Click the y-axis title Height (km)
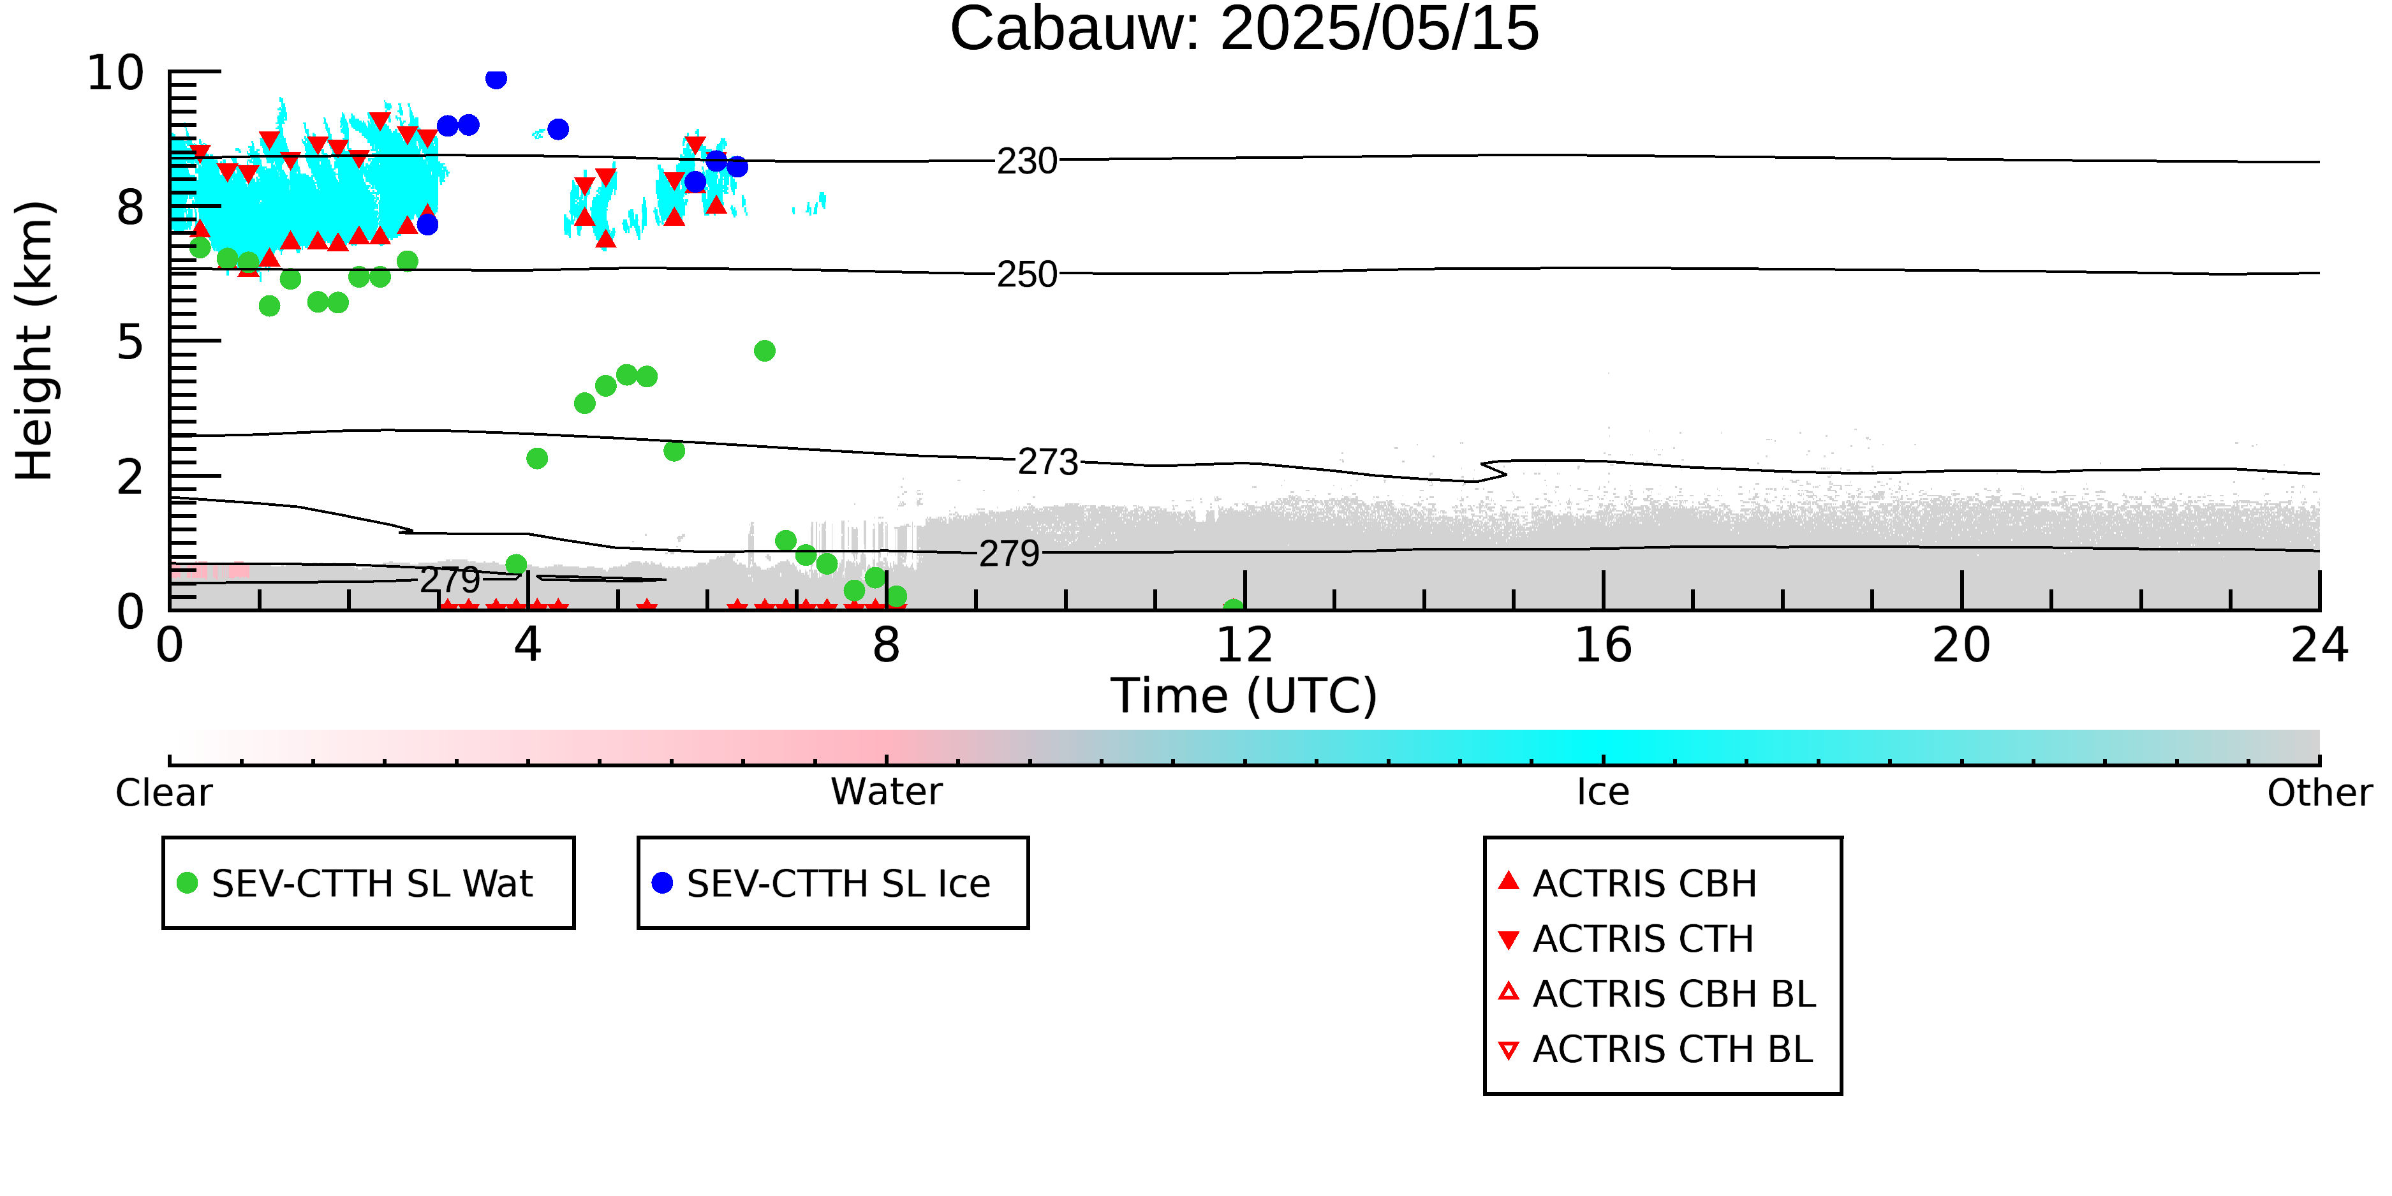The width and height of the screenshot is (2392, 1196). [35, 341]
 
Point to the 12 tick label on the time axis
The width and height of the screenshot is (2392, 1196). [1244, 646]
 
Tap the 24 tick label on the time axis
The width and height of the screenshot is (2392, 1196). [2319, 646]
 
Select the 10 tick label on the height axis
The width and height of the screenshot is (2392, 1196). [115, 73]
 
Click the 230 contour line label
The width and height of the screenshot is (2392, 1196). [1027, 161]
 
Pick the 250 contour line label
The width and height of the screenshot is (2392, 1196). [1027, 275]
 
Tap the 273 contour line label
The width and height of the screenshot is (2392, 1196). [1049, 462]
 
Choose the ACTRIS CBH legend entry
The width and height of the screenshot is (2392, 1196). [1628, 883]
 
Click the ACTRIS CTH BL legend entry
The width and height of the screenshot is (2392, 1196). [1656, 1049]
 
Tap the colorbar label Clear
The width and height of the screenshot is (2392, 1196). [163, 793]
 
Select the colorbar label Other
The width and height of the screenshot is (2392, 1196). [2319, 793]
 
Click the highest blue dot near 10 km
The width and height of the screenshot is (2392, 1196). [496, 79]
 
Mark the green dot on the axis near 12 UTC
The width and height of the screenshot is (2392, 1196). [1233, 607]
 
